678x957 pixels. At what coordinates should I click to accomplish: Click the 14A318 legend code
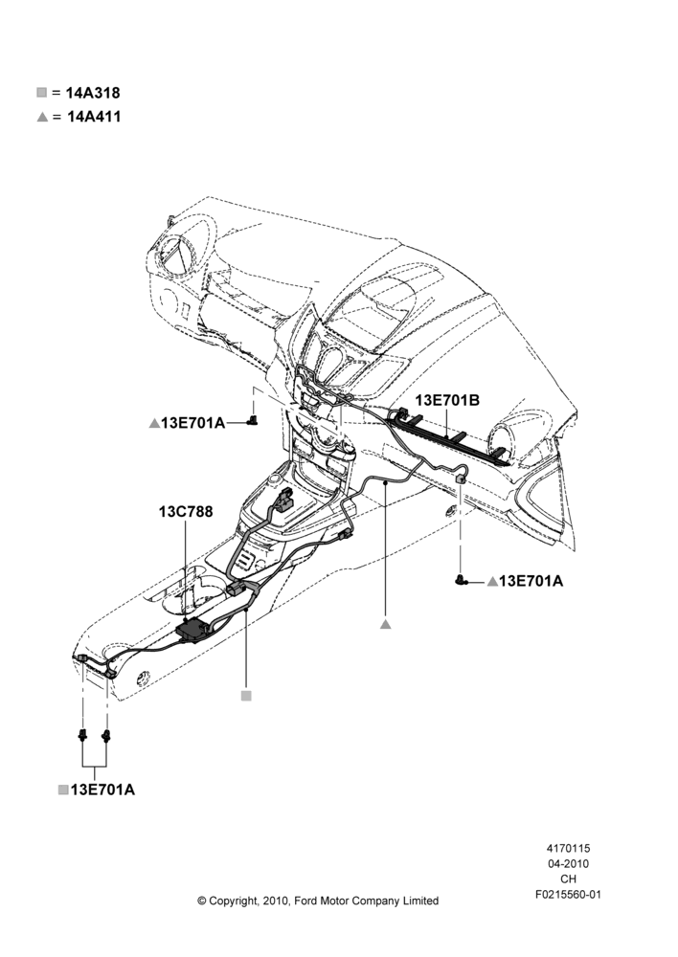[x=93, y=94]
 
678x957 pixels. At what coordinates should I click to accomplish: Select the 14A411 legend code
[x=94, y=117]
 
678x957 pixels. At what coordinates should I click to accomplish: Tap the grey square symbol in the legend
[x=41, y=93]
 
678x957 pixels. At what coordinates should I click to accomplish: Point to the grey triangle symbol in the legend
[x=42, y=117]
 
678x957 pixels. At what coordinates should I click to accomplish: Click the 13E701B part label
[x=447, y=400]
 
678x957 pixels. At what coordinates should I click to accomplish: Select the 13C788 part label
[x=186, y=511]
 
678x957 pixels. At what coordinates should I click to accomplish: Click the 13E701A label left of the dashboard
[x=193, y=422]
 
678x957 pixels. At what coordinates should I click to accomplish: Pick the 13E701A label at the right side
[x=531, y=581]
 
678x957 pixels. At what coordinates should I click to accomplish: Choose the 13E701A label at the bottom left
[x=102, y=790]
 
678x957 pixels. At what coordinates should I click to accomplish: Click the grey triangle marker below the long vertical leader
[x=385, y=624]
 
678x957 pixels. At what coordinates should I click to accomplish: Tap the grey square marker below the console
[x=246, y=696]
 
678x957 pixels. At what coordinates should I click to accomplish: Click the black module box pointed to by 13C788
[x=193, y=630]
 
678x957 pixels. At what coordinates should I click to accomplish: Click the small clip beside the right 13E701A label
[x=462, y=581]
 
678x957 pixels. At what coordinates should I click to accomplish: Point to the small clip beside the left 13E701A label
[x=253, y=419]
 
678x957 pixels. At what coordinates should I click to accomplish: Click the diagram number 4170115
[x=568, y=848]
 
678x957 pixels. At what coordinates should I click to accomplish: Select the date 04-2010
[x=568, y=863]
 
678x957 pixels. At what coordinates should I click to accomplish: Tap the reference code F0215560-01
[x=568, y=895]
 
